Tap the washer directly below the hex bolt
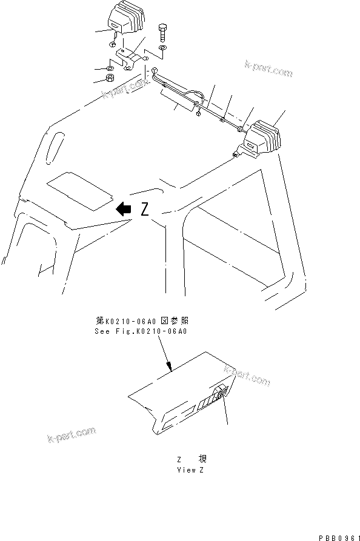tap(162, 47)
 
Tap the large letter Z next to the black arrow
tap(144, 209)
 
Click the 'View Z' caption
tap(186, 470)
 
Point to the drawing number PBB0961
tap(338, 535)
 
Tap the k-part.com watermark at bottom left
tap(71, 436)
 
